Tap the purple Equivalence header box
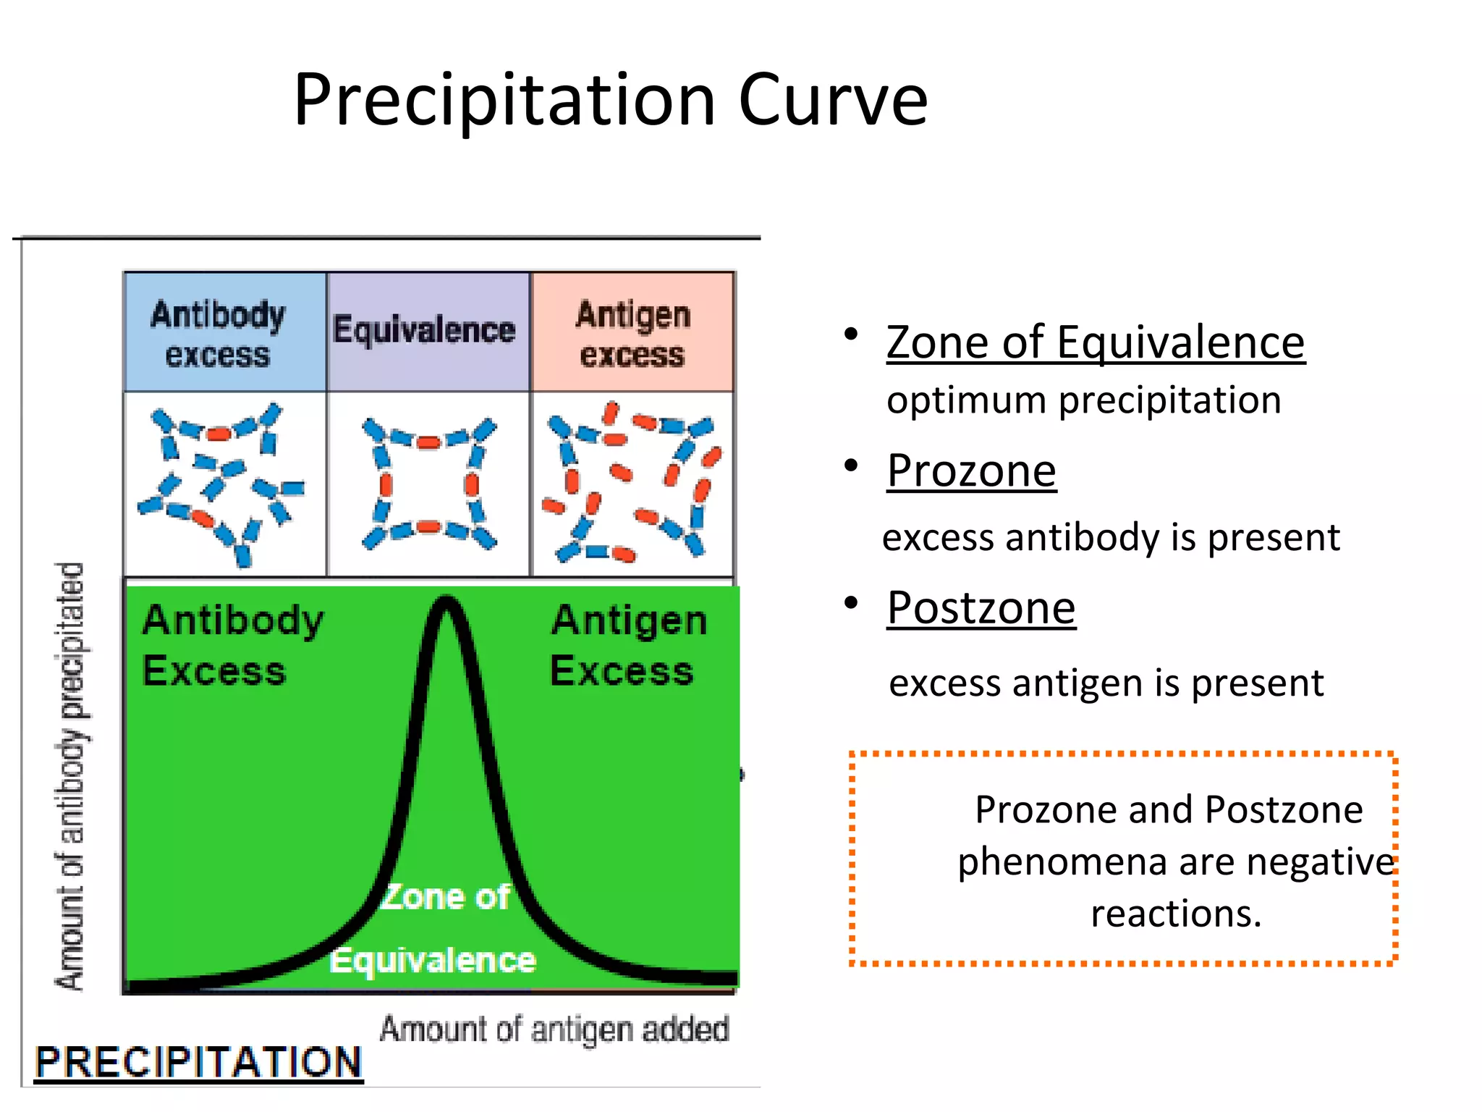click(427, 332)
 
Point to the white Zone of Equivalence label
click(438, 929)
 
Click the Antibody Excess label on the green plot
click(232, 644)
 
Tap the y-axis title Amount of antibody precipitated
click(72, 775)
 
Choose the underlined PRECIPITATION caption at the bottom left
click(198, 1062)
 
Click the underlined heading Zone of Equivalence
click(1096, 342)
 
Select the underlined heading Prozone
click(971, 471)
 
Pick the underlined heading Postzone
click(981, 607)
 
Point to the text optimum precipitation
click(1083, 400)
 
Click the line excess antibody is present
click(1111, 537)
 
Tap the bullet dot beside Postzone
click(851, 602)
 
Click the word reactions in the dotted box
click(1175, 914)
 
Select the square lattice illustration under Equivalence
click(428, 484)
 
